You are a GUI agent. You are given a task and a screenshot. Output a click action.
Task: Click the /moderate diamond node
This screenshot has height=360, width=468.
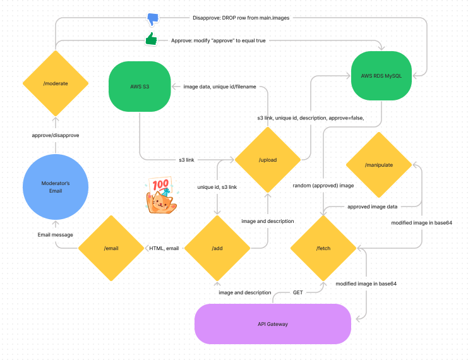click(56, 83)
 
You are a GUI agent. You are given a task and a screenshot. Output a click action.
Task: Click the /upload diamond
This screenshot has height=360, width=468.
click(267, 160)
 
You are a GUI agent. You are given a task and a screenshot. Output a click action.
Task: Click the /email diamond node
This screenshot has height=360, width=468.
click(111, 248)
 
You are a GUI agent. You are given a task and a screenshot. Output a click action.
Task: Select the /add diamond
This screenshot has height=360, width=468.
click(217, 248)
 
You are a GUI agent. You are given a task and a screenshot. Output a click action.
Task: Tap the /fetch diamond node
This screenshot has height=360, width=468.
click(323, 248)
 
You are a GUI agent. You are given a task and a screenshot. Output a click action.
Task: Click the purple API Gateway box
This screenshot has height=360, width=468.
click(273, 324)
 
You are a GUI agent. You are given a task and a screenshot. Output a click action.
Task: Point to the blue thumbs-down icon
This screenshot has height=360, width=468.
click(153, 18)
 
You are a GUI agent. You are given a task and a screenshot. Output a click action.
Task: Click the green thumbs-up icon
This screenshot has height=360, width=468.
click(151, 39)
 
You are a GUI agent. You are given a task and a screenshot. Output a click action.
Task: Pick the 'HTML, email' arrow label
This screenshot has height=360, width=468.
click(164, 248)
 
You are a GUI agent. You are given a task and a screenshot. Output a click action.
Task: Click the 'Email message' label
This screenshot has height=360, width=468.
click(56, 234)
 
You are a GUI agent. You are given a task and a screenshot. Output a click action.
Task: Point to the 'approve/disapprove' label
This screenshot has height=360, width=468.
click(56, 135)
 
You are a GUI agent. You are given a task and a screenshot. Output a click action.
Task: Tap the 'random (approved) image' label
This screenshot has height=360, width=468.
click(323, 186)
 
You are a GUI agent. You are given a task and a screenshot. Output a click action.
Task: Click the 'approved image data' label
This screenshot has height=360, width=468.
click(373, 207)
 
